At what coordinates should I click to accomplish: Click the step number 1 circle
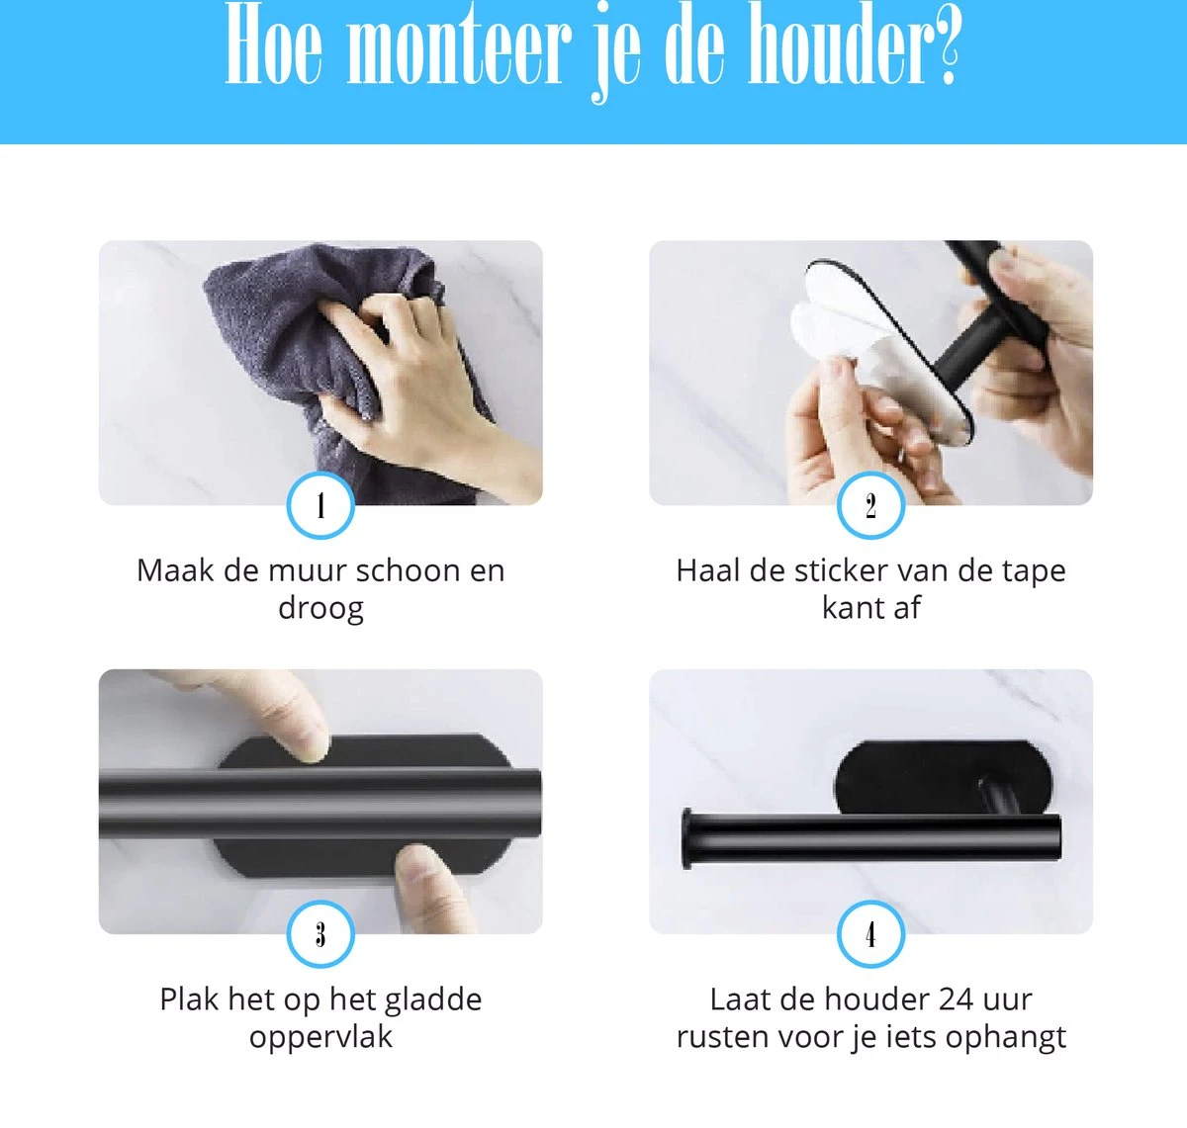[320, 506]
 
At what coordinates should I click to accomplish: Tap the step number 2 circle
[870, 506]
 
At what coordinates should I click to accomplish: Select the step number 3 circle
[320, 934]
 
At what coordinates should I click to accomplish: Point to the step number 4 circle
[870, 934]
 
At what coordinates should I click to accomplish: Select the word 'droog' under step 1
[320, 608]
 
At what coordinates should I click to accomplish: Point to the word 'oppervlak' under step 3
[320, 1037]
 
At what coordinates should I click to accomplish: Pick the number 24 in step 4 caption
[956, 999]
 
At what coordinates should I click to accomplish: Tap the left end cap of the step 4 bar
[686, 839]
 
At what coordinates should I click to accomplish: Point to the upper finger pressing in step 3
[277, 712]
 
